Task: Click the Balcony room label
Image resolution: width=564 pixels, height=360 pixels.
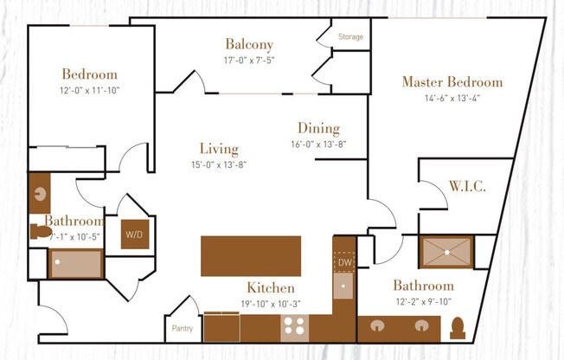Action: (249, 44)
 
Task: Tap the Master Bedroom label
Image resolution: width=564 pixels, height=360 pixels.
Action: (452, 82)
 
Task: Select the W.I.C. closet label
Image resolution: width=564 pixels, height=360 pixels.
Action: (466, 187)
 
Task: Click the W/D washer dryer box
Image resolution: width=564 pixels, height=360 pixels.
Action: (135, 234)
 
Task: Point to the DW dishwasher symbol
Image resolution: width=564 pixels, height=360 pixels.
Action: (343, 261)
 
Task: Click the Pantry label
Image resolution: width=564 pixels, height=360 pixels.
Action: (182, 329)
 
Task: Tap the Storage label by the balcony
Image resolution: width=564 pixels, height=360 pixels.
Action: (350, 37)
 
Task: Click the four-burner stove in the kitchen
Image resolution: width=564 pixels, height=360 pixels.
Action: (293, 327)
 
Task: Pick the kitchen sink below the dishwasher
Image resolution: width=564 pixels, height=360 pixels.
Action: (343, 285)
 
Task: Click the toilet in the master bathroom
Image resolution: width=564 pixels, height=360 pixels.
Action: (458, 328)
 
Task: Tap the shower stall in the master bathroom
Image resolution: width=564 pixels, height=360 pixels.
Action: (445, 252)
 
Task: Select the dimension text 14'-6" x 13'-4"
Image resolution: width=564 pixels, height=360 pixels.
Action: (452, 98)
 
